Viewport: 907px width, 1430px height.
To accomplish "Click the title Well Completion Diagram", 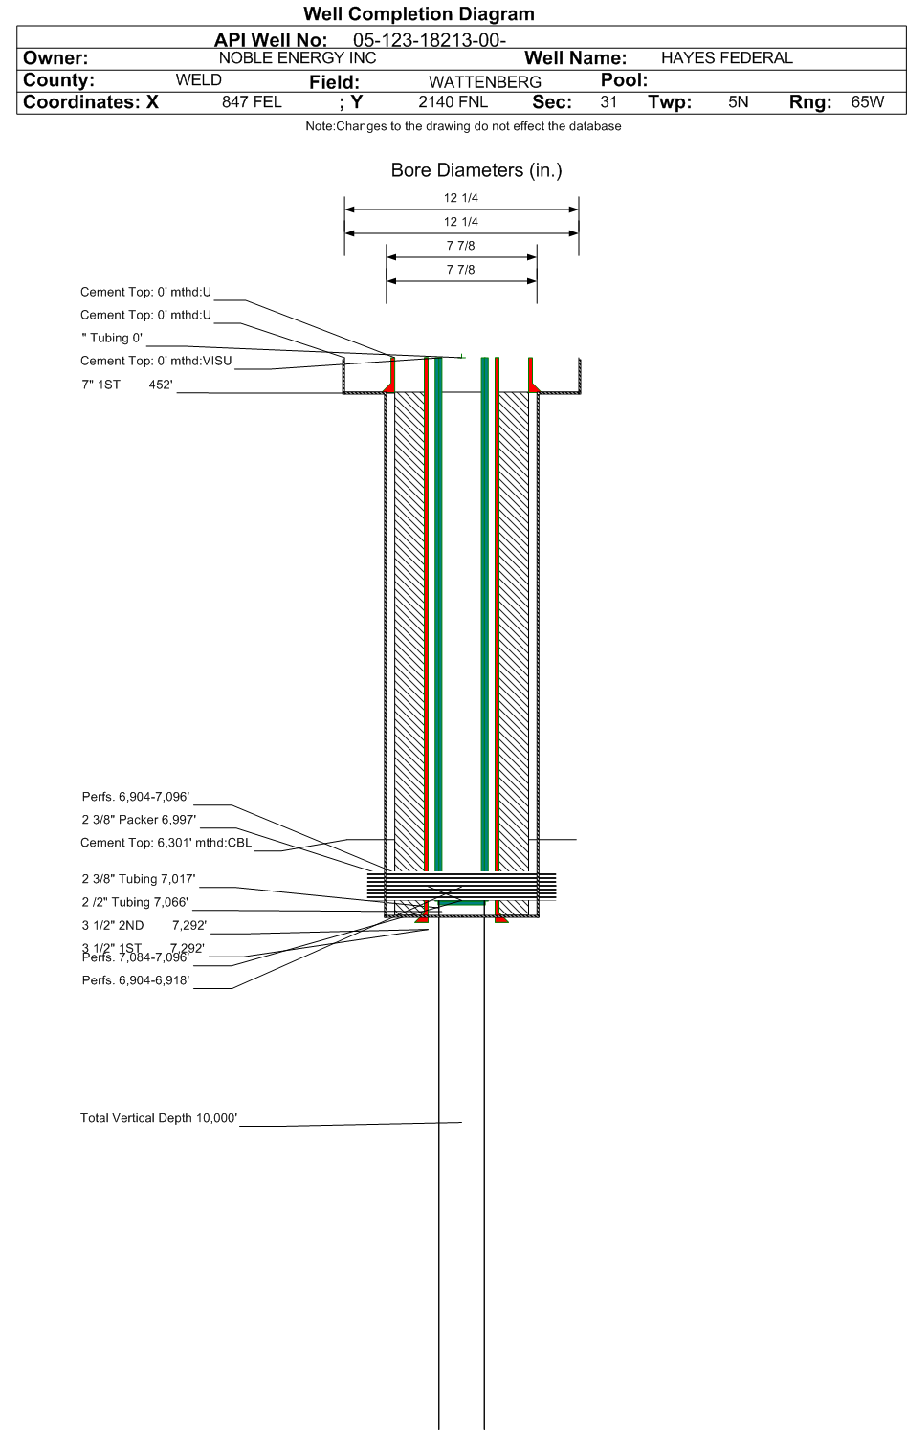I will point(418,13).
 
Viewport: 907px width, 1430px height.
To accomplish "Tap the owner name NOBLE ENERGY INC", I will point(298,57).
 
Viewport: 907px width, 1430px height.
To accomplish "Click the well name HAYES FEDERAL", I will point(726,57).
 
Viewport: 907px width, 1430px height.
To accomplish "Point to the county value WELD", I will point(198,79).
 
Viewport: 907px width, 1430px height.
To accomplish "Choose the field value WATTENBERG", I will point(484,81).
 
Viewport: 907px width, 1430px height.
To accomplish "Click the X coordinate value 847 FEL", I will point(252,101).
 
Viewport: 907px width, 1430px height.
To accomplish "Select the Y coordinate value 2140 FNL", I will point(453,101).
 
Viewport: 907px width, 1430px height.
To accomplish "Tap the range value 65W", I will point(867,101).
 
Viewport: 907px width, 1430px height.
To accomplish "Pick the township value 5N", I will point(738,101).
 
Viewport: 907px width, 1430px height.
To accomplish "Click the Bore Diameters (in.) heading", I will point(476,170).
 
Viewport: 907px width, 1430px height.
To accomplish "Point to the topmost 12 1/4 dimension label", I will point(460,198).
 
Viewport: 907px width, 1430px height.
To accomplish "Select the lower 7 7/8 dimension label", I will point(460,270).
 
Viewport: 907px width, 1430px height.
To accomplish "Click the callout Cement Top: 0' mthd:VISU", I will point(156,361).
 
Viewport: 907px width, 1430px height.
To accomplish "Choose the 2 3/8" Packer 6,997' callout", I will point(139,820).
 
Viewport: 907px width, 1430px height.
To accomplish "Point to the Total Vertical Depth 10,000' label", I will point(159,1118).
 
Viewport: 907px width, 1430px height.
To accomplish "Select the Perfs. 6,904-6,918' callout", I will point(136,980).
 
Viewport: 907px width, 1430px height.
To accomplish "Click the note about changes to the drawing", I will point(463,126).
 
